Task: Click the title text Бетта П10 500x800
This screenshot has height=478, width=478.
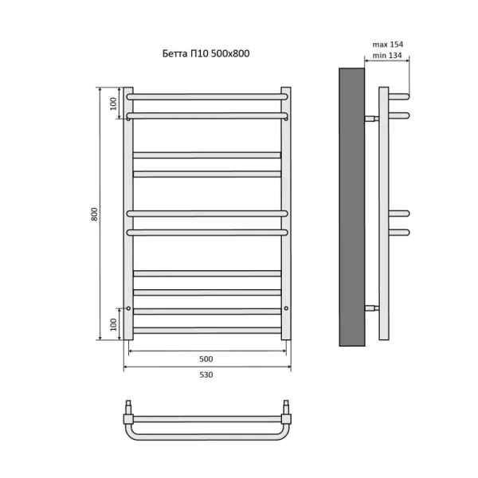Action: pos(207,54)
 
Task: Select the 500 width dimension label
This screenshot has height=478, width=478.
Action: pos(207,358)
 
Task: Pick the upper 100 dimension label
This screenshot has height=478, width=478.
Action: pos(113,101)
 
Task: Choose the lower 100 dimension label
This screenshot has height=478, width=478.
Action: pos(113,324)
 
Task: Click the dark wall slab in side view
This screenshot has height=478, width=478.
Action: pos(351,207)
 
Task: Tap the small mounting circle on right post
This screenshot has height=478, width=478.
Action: pos(285,308)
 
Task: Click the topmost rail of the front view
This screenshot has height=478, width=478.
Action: pos(207,96)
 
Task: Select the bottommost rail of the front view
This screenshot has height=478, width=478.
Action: pos(207,329)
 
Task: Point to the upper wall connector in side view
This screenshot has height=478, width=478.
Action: pos(372,117)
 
